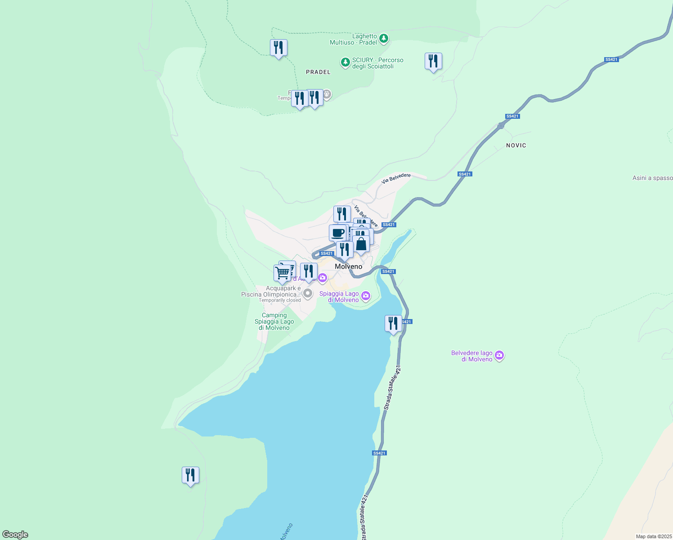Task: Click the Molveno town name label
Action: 348,266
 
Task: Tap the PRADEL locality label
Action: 318,72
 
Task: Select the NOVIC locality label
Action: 516,145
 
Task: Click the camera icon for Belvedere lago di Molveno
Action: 499,356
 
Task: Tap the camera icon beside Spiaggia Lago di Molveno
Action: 366,296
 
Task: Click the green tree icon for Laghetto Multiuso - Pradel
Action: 383,38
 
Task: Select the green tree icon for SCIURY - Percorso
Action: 345,62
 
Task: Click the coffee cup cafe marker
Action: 337,233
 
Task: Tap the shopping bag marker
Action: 361,244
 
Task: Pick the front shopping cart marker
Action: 282,273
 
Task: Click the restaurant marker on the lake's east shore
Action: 393,323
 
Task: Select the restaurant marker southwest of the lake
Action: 190,475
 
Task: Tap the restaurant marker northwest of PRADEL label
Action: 278,47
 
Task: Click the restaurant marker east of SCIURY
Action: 433,61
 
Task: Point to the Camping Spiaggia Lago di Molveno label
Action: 274,321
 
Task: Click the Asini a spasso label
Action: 652,178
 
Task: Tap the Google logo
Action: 15,534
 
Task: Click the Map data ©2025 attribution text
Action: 653,536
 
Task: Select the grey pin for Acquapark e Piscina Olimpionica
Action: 307,294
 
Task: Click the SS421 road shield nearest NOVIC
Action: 512,116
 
